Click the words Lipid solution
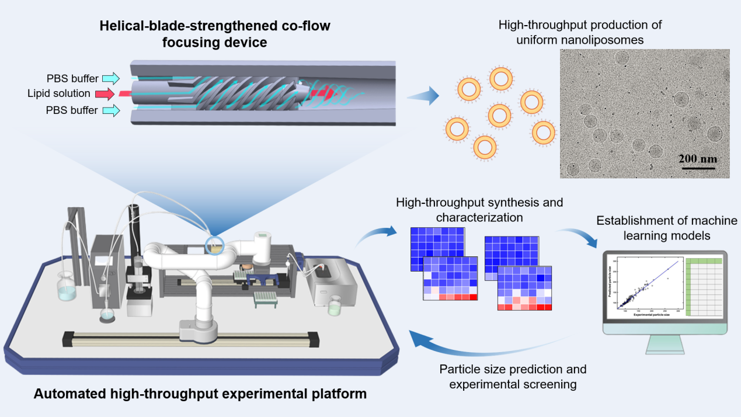point(58,93)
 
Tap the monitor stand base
point(664,348)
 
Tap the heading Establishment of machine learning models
point(666,228)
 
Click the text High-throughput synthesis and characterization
point(479,210)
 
